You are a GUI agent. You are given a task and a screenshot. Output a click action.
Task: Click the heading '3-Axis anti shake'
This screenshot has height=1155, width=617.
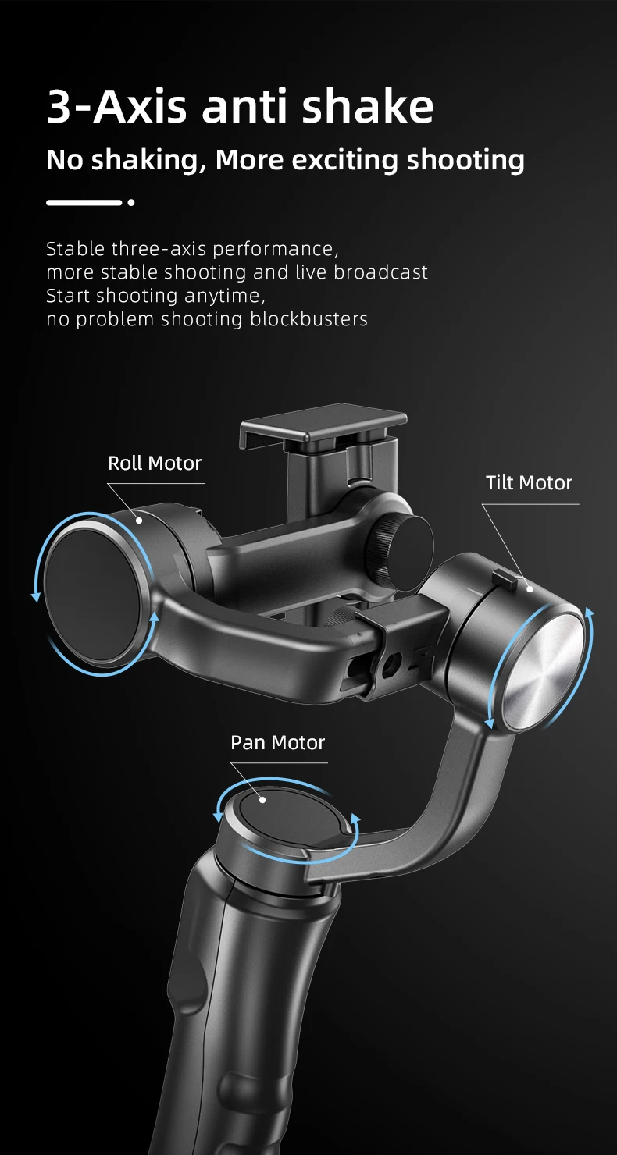[x=240, y=107]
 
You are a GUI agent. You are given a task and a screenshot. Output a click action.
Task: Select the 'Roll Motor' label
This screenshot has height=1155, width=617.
[x=155, y=463]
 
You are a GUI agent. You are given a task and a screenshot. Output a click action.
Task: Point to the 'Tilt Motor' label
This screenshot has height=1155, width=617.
[x=529, y=482]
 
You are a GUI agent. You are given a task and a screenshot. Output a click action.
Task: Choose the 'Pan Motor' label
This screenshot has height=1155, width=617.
[x=277, y=742]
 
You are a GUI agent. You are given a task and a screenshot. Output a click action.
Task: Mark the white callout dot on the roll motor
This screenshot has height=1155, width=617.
[x=139, y=519]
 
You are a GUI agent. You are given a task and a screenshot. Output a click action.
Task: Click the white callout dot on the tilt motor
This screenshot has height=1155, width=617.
[x=530, y=588]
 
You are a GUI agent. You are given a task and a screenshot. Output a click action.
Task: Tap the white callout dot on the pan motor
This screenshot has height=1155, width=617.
[x=263, y=800]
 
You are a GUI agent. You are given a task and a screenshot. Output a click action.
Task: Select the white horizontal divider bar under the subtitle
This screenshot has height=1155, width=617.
[x=84, y=203]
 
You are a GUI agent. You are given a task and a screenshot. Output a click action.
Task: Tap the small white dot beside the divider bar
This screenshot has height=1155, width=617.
[x=131, y=203]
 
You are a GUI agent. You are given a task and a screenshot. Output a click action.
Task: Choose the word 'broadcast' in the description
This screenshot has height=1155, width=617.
[x=381, y=272]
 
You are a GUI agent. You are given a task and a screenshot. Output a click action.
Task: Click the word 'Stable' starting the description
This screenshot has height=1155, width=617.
[x=75, y=249]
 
